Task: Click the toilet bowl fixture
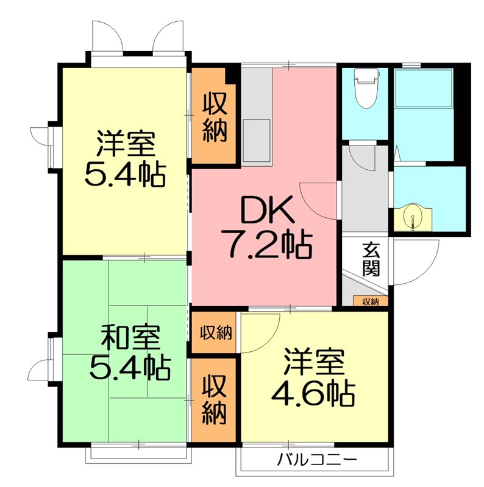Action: click(366, 88)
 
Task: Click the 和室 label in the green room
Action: click(130, 337)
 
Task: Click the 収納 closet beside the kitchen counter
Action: click(215, 116)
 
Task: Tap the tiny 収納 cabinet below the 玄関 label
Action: click(370, 301)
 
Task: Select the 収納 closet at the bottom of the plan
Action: click(215, 399)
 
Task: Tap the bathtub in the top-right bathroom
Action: click(423, 89)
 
